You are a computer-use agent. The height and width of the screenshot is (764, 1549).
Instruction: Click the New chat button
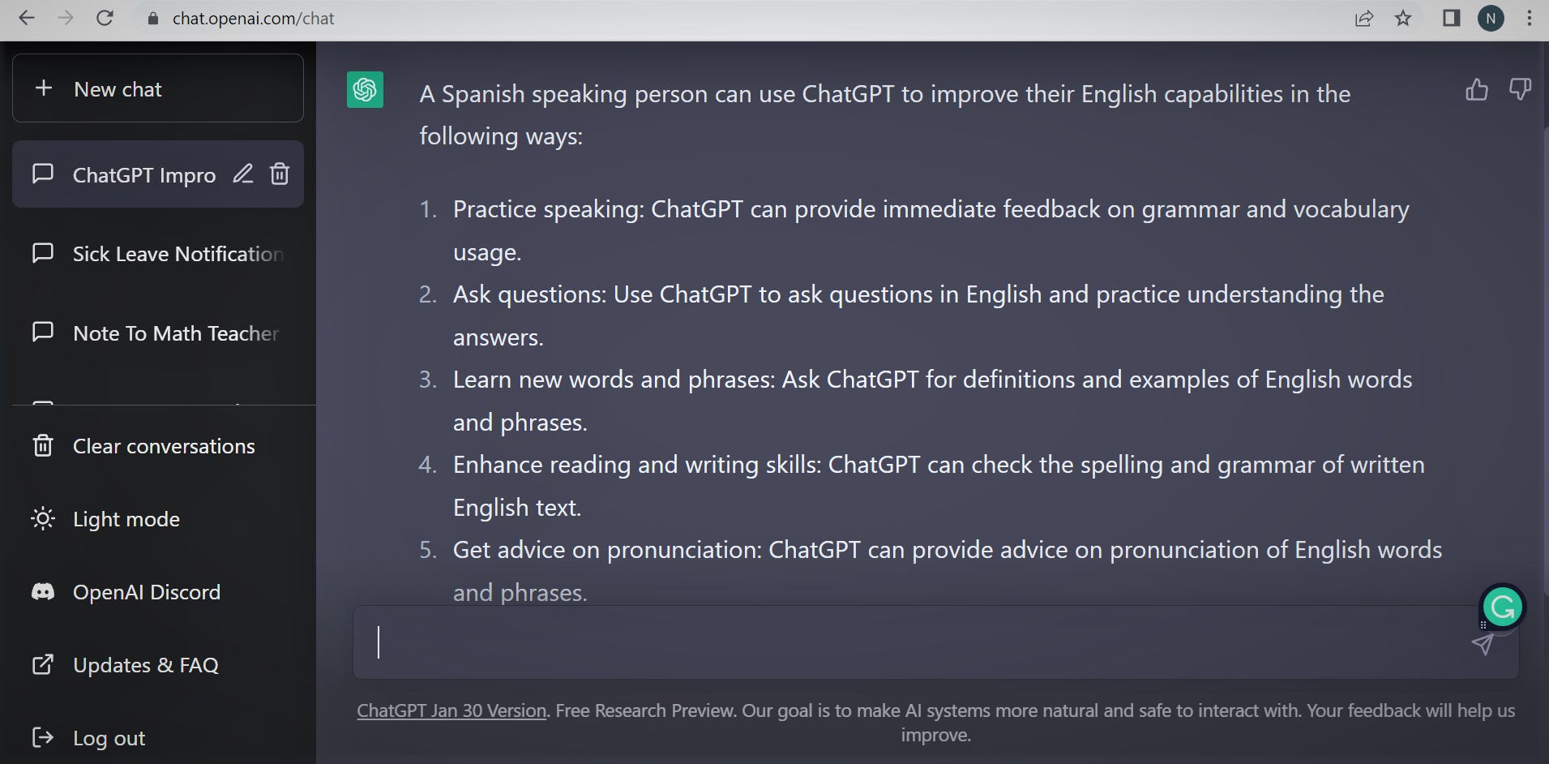157,88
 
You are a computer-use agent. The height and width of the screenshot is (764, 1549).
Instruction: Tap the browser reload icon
105,18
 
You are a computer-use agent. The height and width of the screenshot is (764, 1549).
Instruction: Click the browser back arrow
27,18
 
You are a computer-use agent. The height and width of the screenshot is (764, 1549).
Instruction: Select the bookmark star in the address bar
1403,18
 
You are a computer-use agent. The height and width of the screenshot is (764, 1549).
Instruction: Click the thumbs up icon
1477,89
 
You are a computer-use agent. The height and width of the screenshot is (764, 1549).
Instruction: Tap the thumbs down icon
1520,89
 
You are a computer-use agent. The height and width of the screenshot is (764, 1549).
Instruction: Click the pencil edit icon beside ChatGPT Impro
243,174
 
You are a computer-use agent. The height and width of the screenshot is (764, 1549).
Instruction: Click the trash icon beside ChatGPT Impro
280,174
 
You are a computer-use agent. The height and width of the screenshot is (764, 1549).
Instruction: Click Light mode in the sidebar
125,519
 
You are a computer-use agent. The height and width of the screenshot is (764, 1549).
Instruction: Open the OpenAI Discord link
146,592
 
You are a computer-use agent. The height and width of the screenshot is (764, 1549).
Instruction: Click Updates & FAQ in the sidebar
145,665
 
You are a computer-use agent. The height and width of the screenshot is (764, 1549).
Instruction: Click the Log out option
109,738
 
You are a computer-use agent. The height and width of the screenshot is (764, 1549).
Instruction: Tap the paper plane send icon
1483,645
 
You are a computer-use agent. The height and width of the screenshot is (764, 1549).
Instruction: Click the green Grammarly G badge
1503,607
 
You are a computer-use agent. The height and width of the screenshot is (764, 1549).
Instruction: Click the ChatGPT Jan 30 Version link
451,710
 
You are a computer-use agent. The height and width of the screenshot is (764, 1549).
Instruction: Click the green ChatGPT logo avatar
365,89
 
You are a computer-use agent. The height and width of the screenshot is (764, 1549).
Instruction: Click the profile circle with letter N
1491,18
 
